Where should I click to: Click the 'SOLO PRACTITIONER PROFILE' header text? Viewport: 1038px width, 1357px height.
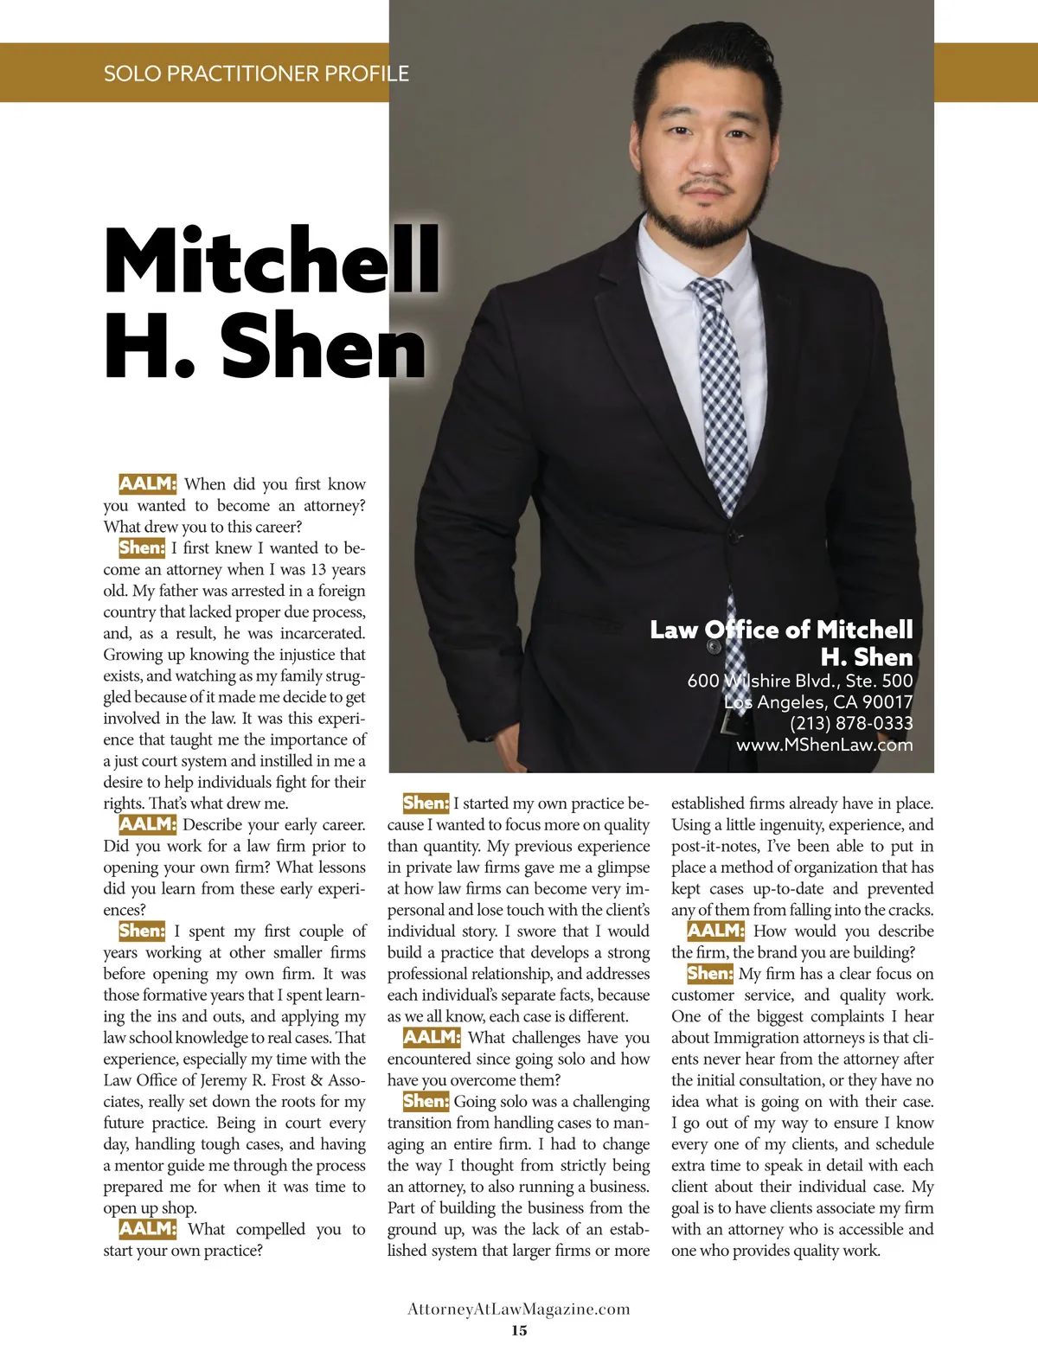click(256, 74)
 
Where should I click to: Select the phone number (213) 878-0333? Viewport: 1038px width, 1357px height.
click(851, 723)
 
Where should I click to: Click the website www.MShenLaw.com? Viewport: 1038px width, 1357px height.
click(824, 745)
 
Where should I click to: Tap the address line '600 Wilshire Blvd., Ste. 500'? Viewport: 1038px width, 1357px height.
click(800, 681)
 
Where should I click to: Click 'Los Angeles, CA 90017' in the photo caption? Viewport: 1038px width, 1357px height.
click(818, 701)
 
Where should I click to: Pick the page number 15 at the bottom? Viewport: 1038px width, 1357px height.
click(519, 1330)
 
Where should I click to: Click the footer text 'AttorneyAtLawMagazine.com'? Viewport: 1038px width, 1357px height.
click(519, 1309)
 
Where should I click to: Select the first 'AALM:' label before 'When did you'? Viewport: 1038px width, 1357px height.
click(147, 483)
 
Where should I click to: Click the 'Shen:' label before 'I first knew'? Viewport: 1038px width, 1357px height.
click(142, 547)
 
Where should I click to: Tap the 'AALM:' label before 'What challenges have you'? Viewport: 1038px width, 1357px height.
click(432, 1037)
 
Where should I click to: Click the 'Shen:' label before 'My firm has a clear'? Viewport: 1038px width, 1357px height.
click(709, 973)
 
